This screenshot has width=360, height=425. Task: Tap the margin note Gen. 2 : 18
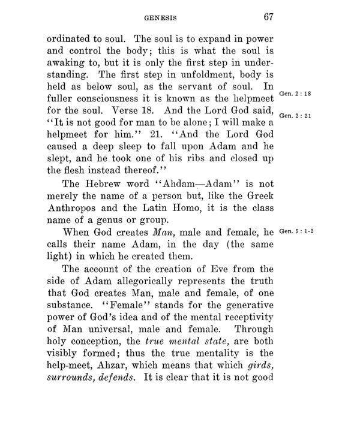pyautogui.click(x=294, y=93)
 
